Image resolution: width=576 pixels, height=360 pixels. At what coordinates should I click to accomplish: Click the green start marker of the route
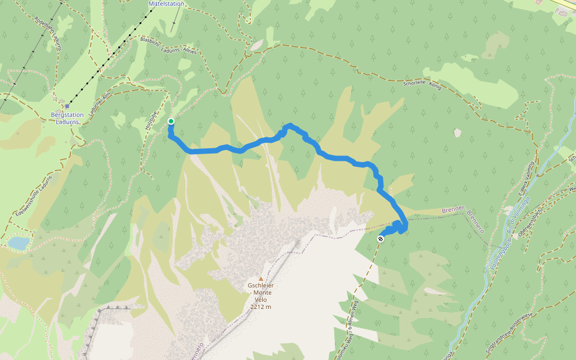[x=171, y=121]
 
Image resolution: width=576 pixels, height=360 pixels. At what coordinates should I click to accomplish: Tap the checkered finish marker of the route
[x=380, y=239]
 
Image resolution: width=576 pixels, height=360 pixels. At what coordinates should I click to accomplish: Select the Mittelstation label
[x=166, y=4]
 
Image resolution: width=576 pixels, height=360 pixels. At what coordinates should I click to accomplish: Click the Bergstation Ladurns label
[x=67, y=117]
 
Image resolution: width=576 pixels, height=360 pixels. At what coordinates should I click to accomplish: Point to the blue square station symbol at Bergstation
[x=67, y=106]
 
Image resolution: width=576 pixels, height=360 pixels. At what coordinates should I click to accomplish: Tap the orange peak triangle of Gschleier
[x=260, y=278]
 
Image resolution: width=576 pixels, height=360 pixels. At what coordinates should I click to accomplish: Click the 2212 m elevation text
[x=260, y=307]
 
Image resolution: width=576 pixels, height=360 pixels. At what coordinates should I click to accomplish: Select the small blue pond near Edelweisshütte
[x=19, y=242]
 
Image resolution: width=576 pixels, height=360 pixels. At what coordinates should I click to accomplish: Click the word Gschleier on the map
[x=260, y=286]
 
